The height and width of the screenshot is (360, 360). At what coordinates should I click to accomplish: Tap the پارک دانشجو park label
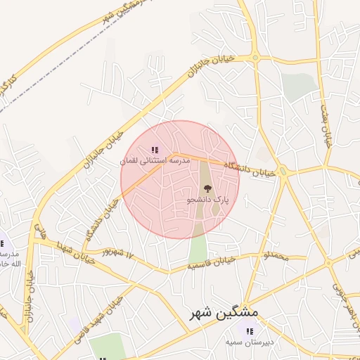coord(207,200)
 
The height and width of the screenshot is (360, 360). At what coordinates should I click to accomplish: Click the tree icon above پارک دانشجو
coord(207,188)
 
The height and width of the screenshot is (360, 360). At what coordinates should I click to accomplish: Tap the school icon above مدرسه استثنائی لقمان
coord(155,150)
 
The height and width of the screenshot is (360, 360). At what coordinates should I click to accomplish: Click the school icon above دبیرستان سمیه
coord(249,330)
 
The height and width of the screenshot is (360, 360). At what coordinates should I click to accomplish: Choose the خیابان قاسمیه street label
coord(210,265)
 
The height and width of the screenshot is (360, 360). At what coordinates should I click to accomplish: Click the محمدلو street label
coord(273,258)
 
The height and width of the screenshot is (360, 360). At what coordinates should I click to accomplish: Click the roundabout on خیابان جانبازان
coord(255,58)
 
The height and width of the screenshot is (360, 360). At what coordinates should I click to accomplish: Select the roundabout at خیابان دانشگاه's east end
coord(283,172)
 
